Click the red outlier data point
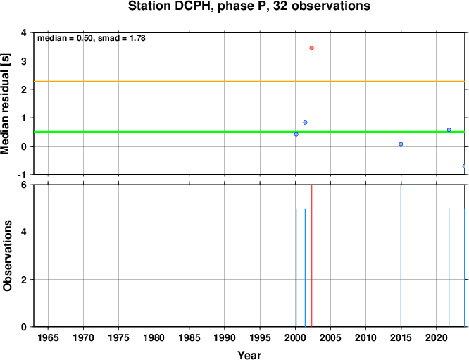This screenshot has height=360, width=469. point(312,48)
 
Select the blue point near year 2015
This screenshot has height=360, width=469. point(401,144)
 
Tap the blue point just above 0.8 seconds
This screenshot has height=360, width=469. point(305,123)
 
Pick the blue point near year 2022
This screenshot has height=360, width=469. point(449,130)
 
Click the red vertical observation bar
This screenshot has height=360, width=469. point(312,256)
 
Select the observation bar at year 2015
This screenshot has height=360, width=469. point(401,256)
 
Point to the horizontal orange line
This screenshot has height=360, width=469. point(249,82)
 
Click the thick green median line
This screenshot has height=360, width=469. point(249,132)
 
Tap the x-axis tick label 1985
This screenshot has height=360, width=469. point(189,338)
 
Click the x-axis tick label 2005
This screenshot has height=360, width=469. point(330,338)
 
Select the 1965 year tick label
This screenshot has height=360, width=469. point(48,338)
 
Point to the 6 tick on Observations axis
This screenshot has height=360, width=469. point(24,185)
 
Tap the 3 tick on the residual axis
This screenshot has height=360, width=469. point(24,61)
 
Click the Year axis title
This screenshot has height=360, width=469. point(249,355)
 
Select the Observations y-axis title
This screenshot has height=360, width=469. point(7,256)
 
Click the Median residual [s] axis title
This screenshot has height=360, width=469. point(6,104)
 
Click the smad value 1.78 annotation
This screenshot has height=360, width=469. point(137,38)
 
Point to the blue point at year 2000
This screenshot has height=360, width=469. point(296,135)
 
